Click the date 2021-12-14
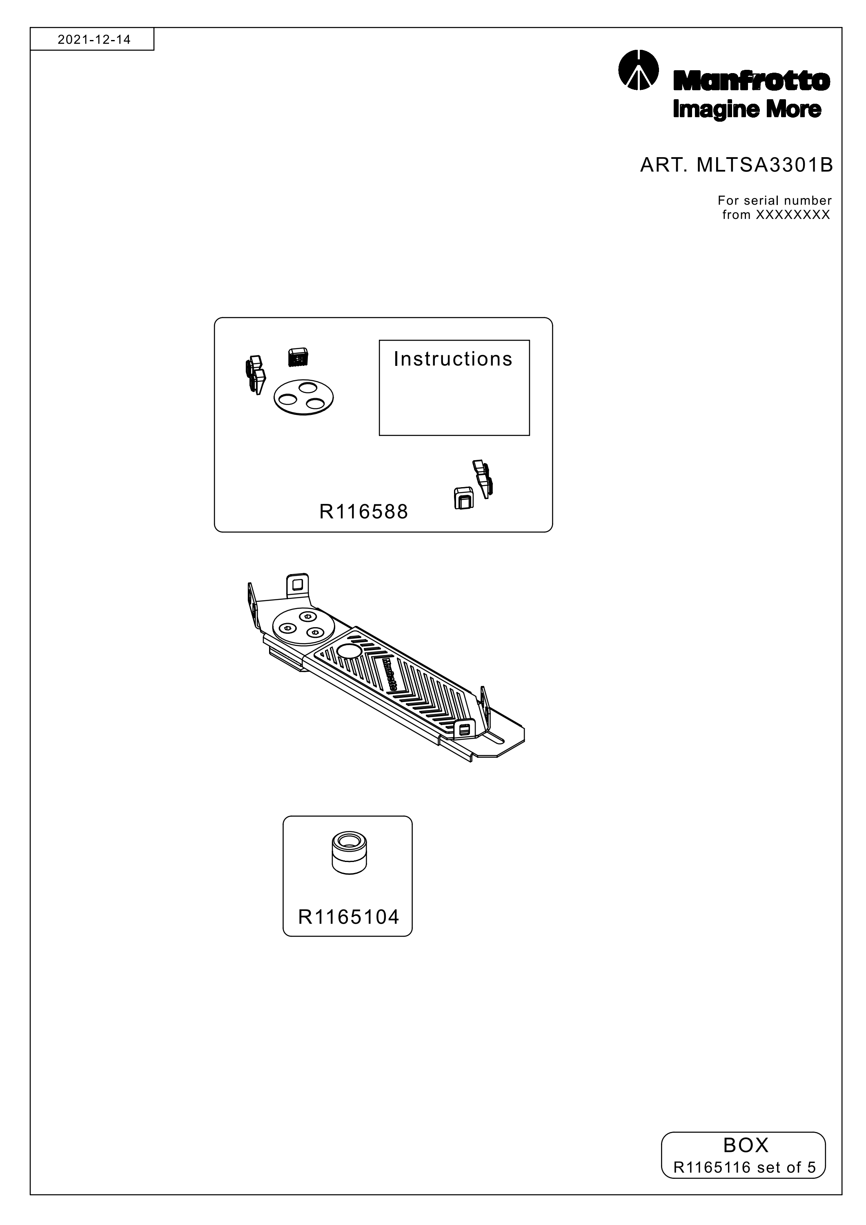[94, 40]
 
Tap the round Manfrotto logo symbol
[638, 70]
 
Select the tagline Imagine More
[747, 110]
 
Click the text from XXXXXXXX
[776, 215]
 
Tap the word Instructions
[453, 359]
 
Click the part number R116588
[363, 512]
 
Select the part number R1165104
[348, 917]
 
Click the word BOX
[746, 1145]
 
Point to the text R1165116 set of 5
[745, 1167]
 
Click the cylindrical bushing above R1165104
[350, 853]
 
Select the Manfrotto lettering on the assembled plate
[390, 675]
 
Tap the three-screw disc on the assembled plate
[303, 628]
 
